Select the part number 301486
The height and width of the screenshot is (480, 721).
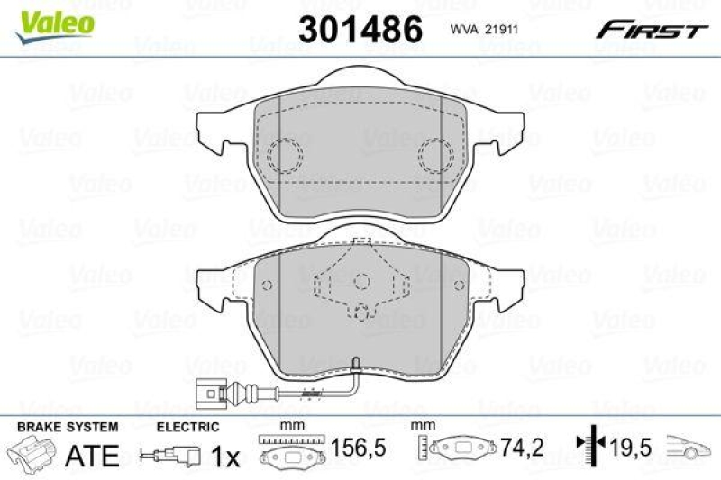click(360, 31)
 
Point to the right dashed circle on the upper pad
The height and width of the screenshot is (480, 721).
click(437, 157)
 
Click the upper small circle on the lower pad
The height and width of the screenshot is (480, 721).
click(361, 281)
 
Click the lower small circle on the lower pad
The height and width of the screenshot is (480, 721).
click(361, 313)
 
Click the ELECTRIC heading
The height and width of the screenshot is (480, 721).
click(187, 427)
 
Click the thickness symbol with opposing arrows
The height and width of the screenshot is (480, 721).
click(589, 444)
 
